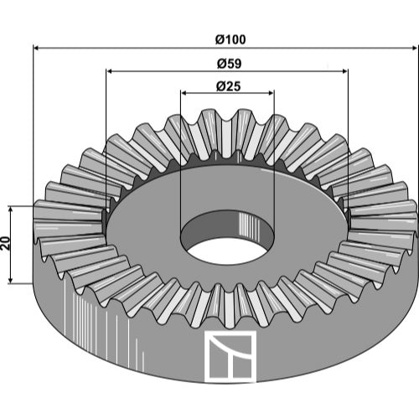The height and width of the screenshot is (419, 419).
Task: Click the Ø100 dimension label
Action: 230,39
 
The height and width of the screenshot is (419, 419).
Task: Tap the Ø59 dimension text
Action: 229,64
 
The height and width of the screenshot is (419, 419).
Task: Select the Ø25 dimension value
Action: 228,86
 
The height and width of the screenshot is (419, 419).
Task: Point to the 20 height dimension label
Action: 5,243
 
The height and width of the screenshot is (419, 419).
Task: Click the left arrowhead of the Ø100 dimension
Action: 36,48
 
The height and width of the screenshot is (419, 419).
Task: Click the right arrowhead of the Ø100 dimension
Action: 414,48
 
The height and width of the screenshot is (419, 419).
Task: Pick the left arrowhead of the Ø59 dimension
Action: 110,71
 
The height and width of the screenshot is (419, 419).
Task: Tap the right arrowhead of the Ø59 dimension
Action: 344,71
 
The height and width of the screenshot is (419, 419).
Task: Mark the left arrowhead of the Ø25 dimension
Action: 184,93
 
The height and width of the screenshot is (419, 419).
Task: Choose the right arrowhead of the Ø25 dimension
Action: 271,93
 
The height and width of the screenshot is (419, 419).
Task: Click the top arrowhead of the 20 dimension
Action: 11,209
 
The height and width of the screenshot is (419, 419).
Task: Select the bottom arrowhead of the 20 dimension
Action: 11,280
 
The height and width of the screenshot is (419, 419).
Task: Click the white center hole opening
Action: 227,251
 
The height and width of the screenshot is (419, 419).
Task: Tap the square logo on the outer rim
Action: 230,356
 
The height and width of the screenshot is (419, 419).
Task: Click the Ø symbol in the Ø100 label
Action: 220,39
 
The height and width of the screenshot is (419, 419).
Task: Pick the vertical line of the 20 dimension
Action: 11,245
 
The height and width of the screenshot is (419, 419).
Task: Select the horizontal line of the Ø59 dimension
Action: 227,71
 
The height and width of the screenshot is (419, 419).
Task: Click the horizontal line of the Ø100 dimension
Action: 225,48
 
